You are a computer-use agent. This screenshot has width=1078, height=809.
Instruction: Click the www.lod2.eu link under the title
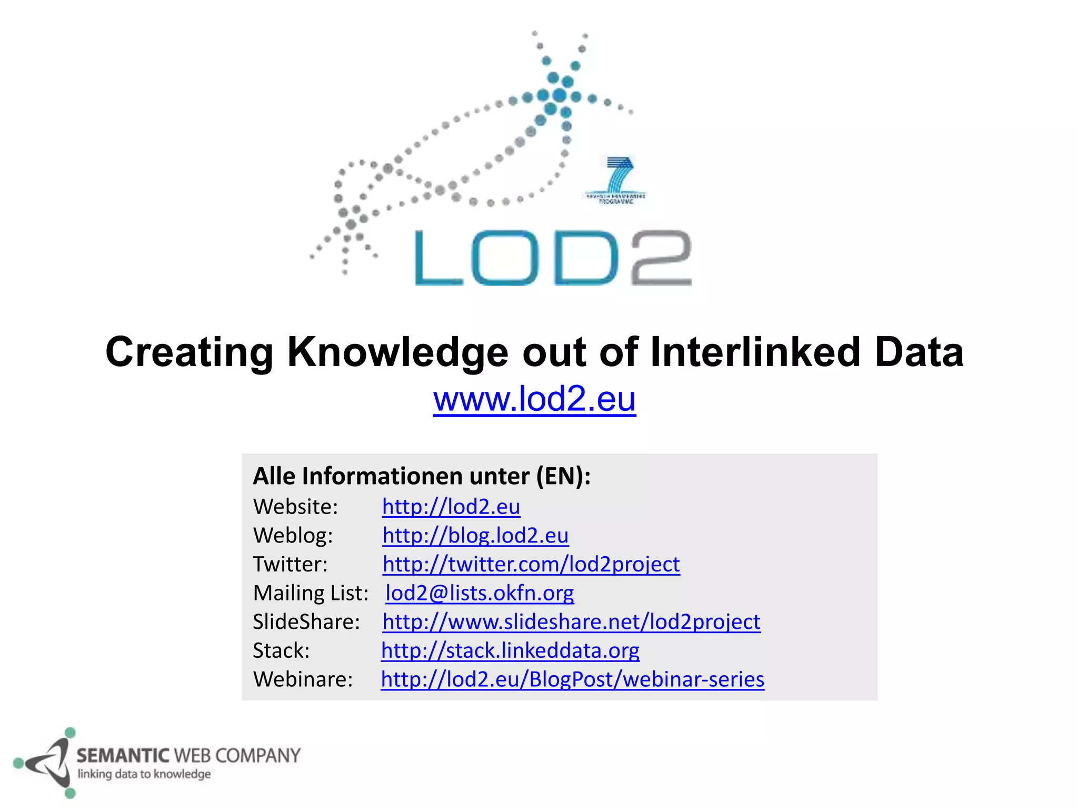point(534,399)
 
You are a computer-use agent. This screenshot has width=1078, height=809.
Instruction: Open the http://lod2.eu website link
point(451,507)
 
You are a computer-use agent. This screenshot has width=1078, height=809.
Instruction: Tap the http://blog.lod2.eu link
point(475,536)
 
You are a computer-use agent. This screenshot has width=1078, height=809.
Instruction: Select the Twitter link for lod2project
point(531,564)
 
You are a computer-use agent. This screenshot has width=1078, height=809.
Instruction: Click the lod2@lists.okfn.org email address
point(480,593)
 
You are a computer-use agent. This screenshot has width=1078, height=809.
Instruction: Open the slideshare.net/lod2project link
point(571,622)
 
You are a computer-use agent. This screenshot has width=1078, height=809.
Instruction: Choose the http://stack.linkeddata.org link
point(510,650)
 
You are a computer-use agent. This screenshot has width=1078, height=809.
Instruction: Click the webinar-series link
point(572,679)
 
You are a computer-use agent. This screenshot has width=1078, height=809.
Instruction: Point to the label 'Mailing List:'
point(311,593)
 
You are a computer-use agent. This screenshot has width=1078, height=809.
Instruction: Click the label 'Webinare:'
point(303,679)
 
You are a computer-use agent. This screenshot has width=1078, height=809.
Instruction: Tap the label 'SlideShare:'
point(306,622)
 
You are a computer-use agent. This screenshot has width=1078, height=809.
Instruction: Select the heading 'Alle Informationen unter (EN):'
point(422,476)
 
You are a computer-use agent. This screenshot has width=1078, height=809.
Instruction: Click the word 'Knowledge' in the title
point(397,352)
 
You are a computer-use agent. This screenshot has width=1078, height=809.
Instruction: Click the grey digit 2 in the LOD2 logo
point(661,258)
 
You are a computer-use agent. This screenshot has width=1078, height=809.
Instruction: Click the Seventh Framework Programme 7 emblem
point(616,179)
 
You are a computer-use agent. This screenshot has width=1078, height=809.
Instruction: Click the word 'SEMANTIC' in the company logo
point(123,756)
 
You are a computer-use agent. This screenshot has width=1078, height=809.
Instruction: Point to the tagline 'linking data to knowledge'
point(144,774)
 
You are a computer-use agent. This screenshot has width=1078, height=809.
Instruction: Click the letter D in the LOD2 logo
point(585,258)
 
